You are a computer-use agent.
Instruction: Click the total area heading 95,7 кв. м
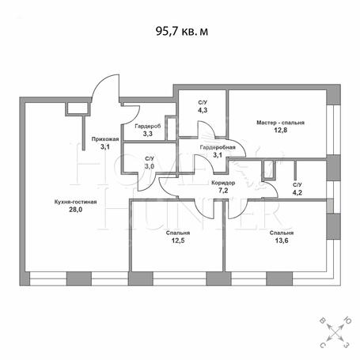click(x=182, y=31)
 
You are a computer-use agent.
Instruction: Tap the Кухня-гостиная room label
click(x=76, y=202)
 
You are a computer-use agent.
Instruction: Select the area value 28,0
click(x=76, y=210)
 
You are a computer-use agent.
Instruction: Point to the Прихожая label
click(x=105, y=139)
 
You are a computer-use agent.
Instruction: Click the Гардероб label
click(x=148, y=127)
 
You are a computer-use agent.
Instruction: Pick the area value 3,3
click(x=148, y=134)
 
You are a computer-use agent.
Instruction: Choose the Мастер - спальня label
click(x=281, y=123)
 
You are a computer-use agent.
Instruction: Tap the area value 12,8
click(x=281, y=131)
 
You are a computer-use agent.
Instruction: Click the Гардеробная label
click(x=218, y=147)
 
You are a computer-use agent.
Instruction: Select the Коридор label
click(x=223, y=183)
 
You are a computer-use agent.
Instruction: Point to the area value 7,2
click(x=223, y=191)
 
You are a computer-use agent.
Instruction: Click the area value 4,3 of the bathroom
click(x=203, y=110)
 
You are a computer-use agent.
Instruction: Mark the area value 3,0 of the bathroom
click(x=150, y=166)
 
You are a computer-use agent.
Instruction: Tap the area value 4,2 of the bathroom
click(x=297, y=193)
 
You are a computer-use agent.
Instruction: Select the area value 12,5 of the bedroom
click(x=178, y=241)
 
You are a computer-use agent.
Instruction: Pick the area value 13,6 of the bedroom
click(x=282, y=241)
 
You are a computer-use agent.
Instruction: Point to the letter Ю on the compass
click(x=347, y=321)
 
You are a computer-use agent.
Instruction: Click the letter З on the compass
click(x=347, y=345)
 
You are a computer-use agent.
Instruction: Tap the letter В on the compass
click(x=323, y=321)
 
